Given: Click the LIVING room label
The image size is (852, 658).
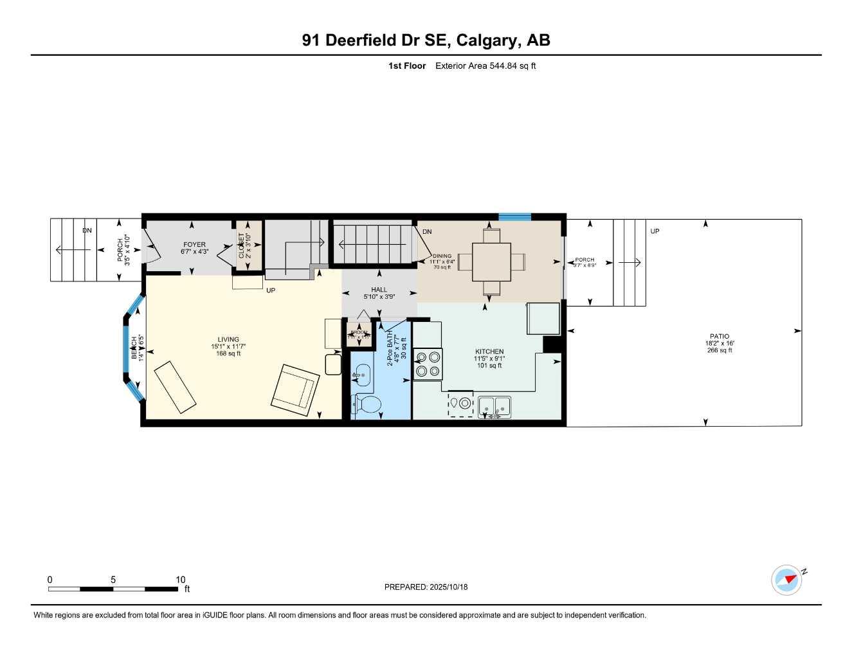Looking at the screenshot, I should [228, 339].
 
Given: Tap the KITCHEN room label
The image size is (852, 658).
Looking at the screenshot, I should [489, 351].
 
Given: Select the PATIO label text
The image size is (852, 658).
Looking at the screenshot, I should [720, 336].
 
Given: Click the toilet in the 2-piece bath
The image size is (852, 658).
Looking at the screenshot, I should [367, 405].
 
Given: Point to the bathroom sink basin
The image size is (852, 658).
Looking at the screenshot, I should [363, 374].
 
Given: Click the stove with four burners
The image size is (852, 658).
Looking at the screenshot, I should [427, 364].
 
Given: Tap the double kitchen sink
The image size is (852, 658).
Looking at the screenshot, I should [494, 407].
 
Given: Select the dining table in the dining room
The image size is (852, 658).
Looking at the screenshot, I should [491, 262].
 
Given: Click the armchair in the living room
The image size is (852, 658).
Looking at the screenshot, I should [295, 387].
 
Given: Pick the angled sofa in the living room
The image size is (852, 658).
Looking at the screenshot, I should [174, 386].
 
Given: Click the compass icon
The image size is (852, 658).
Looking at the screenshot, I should [787, 580].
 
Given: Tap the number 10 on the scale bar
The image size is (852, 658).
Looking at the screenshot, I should [181, 580].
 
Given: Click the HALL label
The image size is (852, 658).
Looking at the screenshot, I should [379, 290].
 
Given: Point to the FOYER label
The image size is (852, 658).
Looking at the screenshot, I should [194, 244].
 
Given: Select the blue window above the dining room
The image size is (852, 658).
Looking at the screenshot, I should [514, 217].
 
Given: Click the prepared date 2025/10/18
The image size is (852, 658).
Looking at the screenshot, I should [448, 587].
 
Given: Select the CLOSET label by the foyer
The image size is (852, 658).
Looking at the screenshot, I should [242, 245].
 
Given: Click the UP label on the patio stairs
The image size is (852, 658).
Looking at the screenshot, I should [655, 231].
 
